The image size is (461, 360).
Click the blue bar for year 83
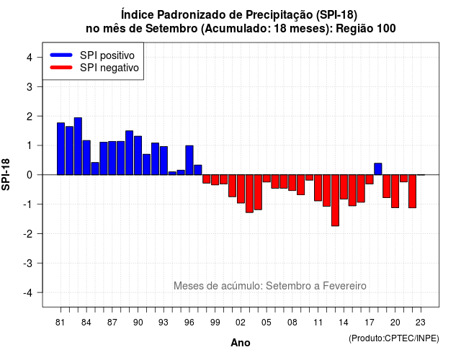click(78, 146)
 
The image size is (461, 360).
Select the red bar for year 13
click(335, 200)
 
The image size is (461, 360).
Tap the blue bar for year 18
click(378, 169)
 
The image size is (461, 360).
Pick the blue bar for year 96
click(189, 160)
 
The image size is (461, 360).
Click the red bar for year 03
click(249, 194)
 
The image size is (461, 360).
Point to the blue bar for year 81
click(61, 149)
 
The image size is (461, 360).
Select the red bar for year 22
click(412, 192)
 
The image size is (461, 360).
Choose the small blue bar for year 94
click(172, 174)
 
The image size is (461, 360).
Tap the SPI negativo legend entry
click(94, 68)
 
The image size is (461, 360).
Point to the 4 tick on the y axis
click(30, 58)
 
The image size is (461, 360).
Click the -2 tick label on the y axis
click(28, 233)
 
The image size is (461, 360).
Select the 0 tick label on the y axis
click(30, 175)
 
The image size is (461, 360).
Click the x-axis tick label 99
click(215, 323)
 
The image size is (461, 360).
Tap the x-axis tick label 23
click(421, 323)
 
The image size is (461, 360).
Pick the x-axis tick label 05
click(267, 323)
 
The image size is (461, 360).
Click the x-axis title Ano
click(241, 343)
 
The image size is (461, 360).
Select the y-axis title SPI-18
click(6, 174)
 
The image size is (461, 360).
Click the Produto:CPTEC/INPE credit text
click(394, 338)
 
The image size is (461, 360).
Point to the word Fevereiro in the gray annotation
click(344, 286)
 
